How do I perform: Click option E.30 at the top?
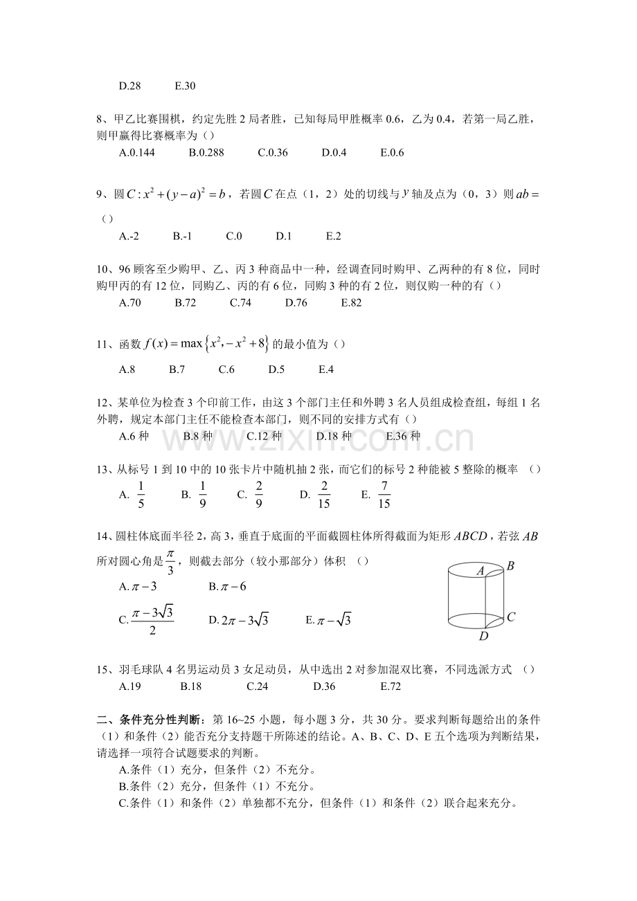tap(185, 87)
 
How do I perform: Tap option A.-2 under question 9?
tap(129, 236)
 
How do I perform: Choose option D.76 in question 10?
tap(296, 302)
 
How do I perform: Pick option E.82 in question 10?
tap(351, 302)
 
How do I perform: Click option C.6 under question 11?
tap(226, 370)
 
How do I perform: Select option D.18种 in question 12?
tap(334, 436)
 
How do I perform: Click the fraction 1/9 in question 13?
tap(203, 495)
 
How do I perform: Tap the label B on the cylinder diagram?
tap(510, 566)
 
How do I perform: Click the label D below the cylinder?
tap(483, 636)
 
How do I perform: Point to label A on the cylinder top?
tap(479, 571)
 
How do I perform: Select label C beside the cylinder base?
tap(510, 616)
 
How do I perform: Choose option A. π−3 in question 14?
tap(138, 587)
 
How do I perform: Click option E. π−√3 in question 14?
tap(328, 620)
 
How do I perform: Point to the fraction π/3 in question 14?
tap(170, 562)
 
